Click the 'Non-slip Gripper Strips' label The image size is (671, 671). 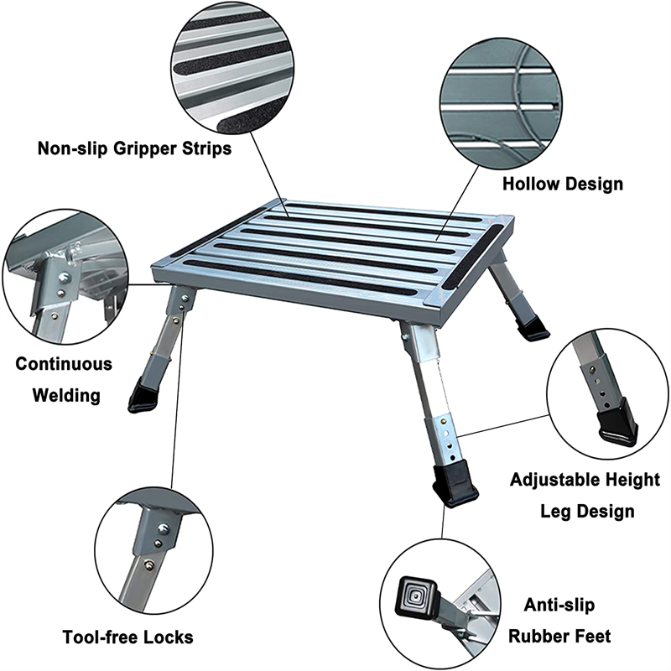tap(134, 148)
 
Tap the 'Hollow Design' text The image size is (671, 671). tap(562, 183)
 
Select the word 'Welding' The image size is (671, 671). tap(66, 395)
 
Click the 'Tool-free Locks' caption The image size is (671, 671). tap(127, 637)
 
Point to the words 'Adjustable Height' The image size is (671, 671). tap(585, 480)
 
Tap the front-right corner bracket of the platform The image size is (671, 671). tap(437, 298)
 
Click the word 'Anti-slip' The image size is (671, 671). tap(558, 605)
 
